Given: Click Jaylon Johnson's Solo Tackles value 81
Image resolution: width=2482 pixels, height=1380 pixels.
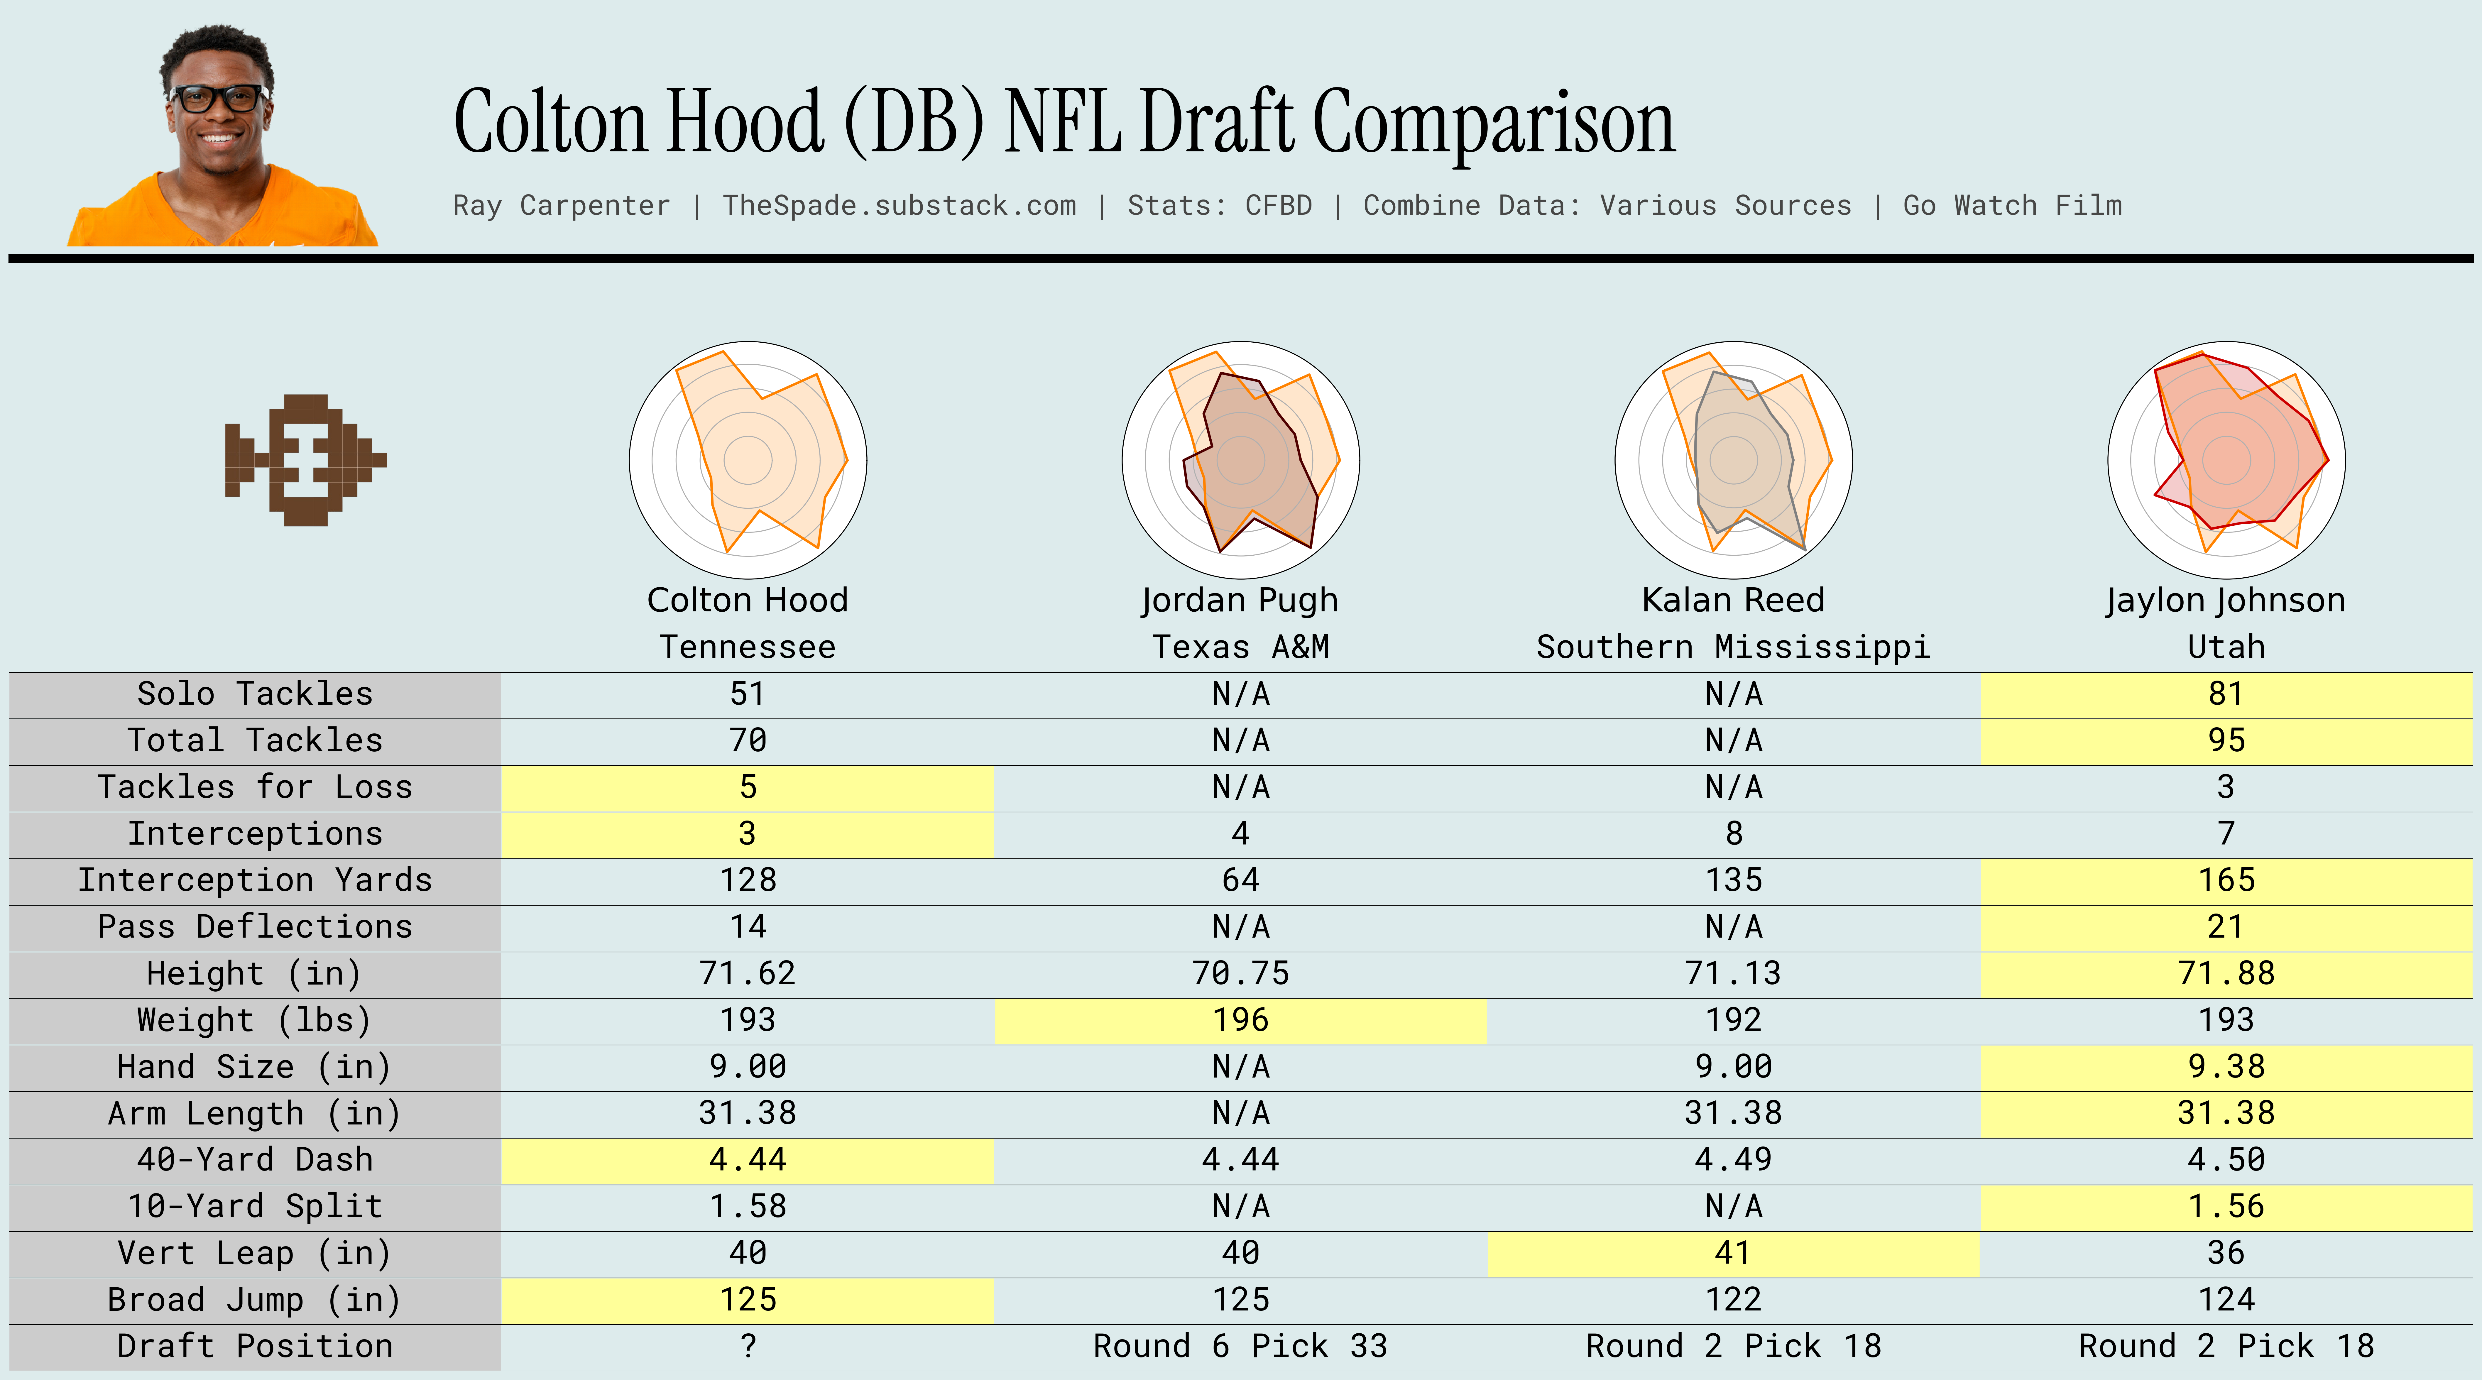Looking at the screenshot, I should click(2226, 694).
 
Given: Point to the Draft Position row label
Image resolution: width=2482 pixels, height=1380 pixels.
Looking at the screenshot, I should click(255, 1346).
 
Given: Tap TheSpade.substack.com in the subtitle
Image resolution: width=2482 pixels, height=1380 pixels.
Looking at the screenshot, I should click(899, 205).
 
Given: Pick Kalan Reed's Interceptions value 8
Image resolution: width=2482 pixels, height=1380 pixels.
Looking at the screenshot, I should click(1733, 833).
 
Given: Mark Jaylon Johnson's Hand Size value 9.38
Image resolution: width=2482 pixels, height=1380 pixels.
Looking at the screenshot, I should click(2226, 1067).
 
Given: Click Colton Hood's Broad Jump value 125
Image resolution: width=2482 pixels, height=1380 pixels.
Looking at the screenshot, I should click(748, 1300).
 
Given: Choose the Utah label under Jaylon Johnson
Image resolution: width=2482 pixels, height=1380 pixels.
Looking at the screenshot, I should click(2226, 647).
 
